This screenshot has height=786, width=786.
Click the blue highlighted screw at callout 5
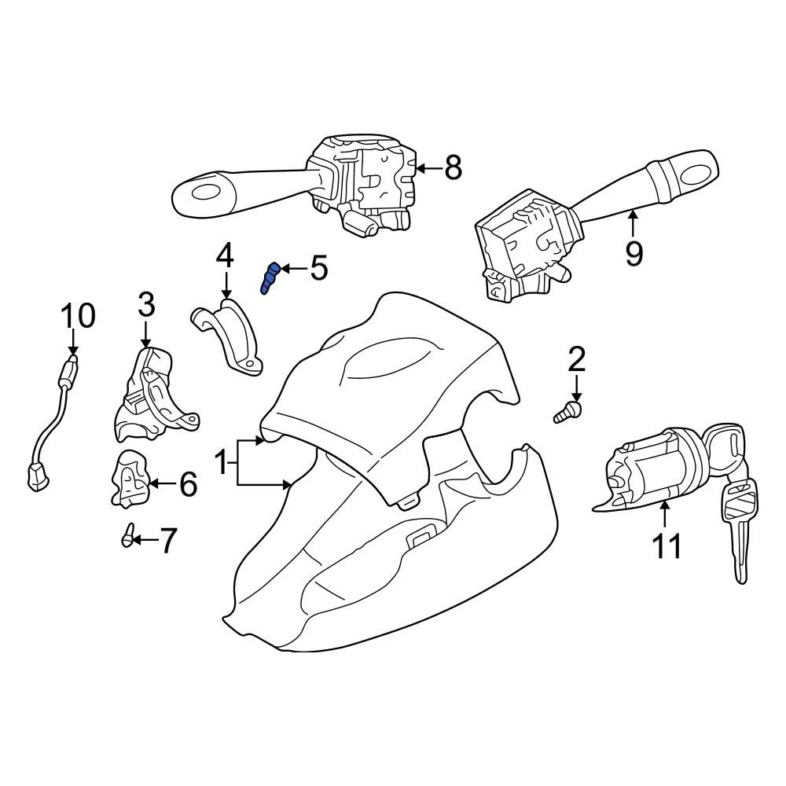(270, 277)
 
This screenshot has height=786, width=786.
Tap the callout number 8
(454, 167)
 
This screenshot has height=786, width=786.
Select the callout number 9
(634, 254)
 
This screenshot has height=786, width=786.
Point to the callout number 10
(78, 315)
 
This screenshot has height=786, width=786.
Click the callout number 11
(667, 545)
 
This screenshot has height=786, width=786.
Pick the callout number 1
(221, 462)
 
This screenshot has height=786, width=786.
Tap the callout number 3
(146, 306)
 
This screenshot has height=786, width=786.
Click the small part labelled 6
(130, 479)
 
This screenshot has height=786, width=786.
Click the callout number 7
(167, 541)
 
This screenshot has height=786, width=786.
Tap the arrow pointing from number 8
(429, 168)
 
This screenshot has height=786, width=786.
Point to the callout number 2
(576, 359)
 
